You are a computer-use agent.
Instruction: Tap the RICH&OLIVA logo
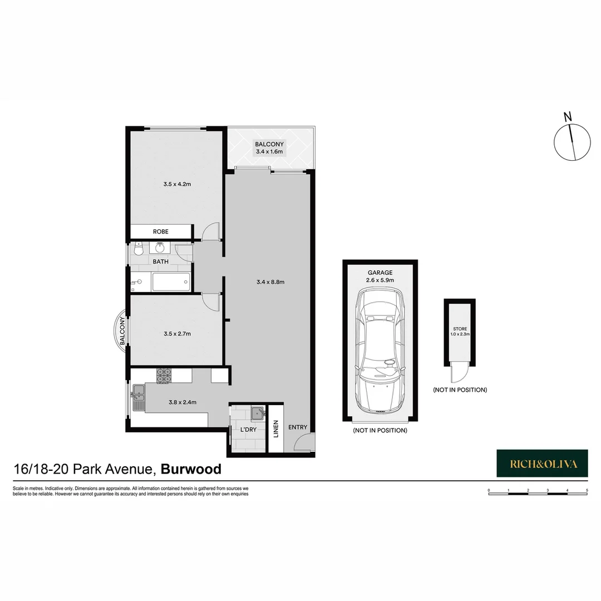click(x=541, y=463)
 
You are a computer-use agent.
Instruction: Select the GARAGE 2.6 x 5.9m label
click(x=380, y=276)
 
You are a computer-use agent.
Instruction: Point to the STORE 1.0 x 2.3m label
click(x=460, y=331)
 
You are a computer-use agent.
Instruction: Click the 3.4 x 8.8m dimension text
click(x=270, y=282)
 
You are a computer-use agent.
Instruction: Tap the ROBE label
click(x=160, y=231)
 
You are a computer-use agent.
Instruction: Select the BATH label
click(x=160, y=261)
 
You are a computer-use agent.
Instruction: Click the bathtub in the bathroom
click(x=171, y=282)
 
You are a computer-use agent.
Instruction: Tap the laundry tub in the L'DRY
click(x=258, y=413)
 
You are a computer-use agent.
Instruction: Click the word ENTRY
click(x=298, y=427)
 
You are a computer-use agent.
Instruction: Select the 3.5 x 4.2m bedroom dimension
click(x=177, y=184)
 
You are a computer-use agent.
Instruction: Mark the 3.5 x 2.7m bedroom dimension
click(x=177, y=334)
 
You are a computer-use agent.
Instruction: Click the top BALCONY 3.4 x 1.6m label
click(x=269, y=147)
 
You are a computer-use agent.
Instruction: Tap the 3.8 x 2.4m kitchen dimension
click(x=182, y=402)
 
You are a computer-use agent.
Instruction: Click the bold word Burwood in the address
click(x=191, y=469)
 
